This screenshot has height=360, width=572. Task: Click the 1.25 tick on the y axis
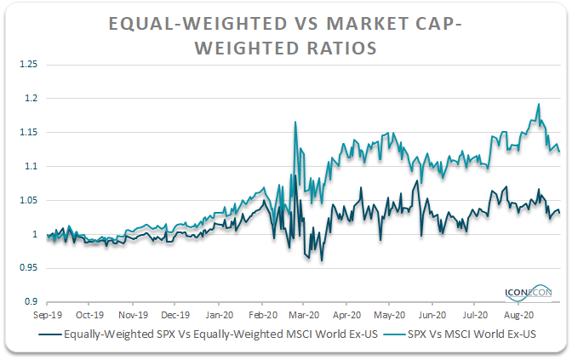[28, 64]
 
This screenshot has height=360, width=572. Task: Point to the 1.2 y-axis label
[31, 98]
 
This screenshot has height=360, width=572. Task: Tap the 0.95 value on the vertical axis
[28, 268]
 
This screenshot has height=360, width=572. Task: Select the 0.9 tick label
[31, 301]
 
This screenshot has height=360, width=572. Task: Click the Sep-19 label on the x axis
[48, 315]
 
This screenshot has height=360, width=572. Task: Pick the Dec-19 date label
[175, 315]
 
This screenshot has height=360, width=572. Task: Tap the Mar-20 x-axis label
[304, 315]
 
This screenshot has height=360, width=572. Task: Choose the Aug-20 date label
[518, 315]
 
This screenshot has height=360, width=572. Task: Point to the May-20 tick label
[390, 315]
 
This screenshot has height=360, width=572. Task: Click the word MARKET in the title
[368, 24]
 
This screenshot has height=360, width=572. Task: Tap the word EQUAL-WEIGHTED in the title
[198, 24]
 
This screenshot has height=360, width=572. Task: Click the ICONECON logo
[529, 293]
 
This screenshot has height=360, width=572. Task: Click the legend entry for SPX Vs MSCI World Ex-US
[460, 334]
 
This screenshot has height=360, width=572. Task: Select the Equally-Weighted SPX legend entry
[208, 334]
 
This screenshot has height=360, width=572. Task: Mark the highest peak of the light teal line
[539, 104]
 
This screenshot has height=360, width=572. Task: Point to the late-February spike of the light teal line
[295, 123]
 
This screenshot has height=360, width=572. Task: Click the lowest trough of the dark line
[322, 260]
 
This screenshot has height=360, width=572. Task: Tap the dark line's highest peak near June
[416, 180]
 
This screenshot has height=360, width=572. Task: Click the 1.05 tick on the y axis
[28, 200]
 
